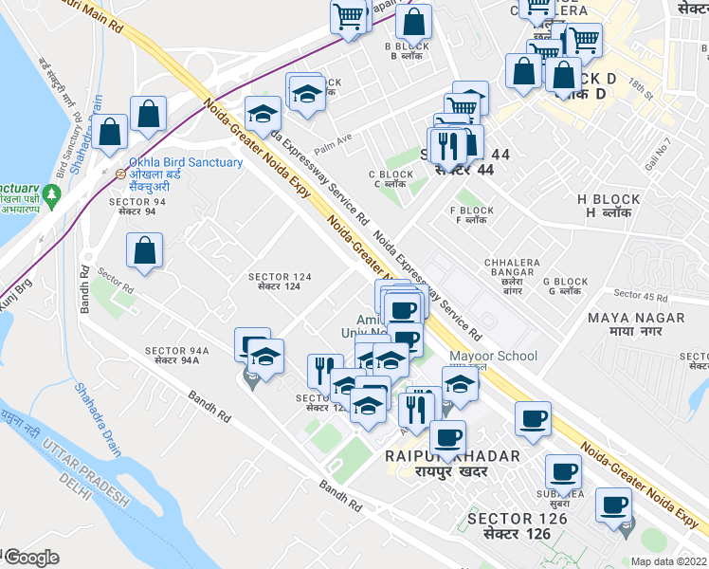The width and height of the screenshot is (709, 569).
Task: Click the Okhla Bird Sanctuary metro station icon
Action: tap(120, 174)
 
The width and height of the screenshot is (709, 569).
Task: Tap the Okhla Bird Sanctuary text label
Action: tap(186, 162)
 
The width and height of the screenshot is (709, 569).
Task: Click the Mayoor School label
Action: tap(493, 357)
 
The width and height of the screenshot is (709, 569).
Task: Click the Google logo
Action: tap(31, 558)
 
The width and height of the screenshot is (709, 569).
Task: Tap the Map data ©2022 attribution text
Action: tap(668, 561)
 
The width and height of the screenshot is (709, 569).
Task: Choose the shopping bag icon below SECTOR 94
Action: tap(145, 251)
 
